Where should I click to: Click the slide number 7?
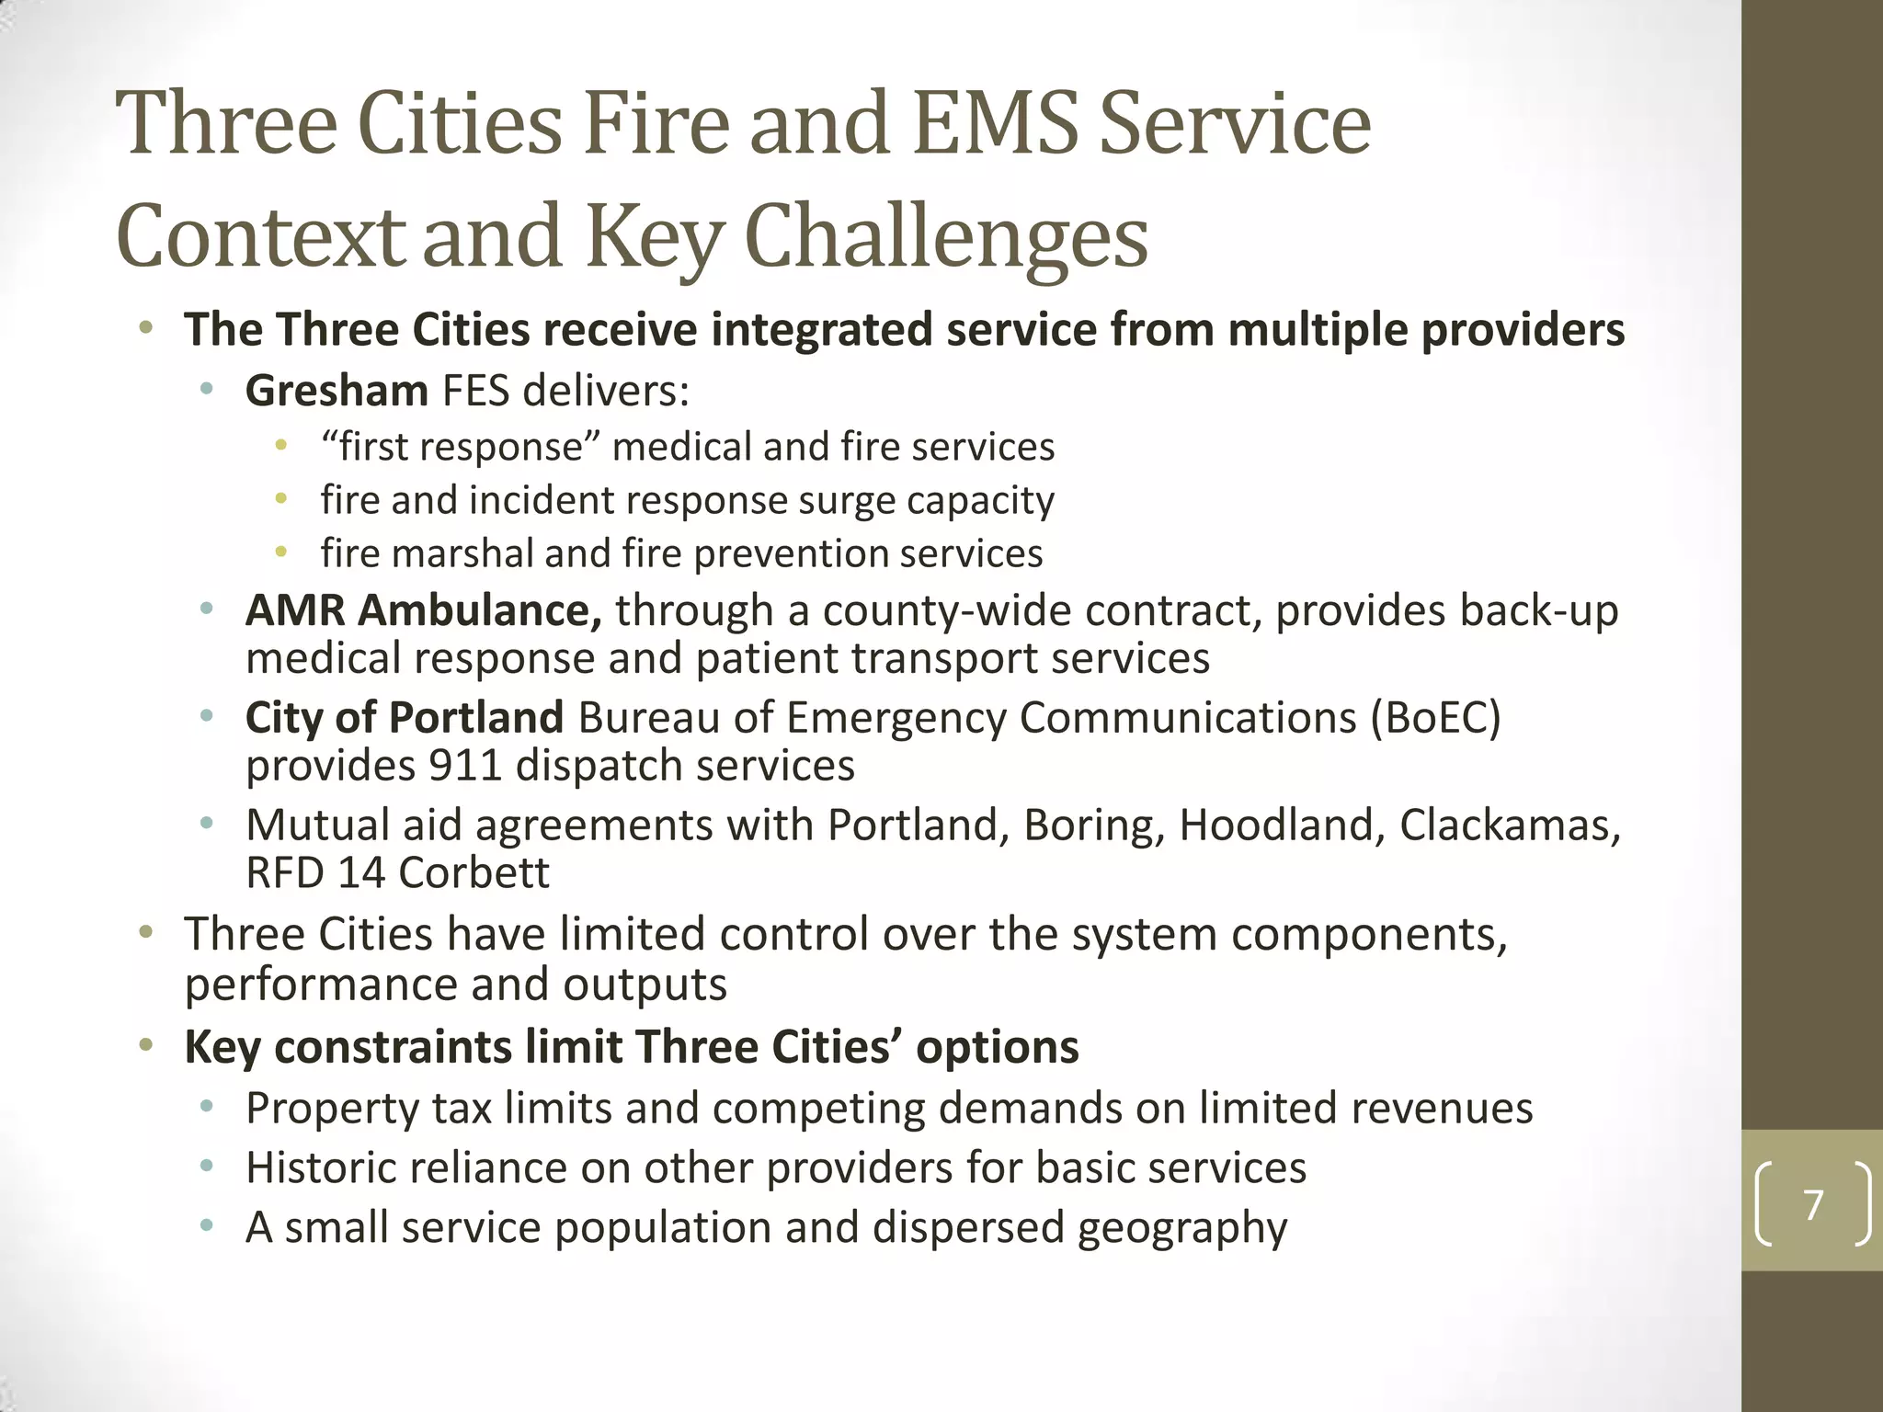(1813, 1204)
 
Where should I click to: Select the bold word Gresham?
(337, 391)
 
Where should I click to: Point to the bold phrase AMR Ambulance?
(423, 610)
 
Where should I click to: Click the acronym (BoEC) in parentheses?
(1435, 717)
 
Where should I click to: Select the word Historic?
(315, 1167)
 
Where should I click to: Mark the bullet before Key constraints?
(145, 1046)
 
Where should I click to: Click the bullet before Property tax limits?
(207, 1108)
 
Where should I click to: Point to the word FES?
(475, 391)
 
